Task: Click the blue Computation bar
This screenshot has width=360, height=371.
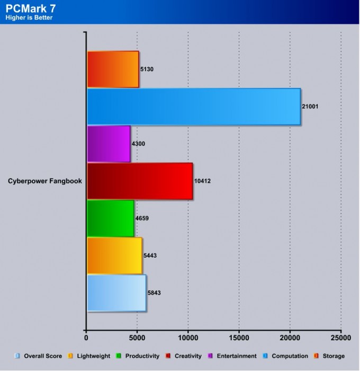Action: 193,107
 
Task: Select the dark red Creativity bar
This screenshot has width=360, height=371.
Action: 139,181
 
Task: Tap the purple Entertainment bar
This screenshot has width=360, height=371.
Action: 108,144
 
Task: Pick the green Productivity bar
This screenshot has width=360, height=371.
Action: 110,218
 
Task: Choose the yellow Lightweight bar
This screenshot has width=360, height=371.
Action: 114,255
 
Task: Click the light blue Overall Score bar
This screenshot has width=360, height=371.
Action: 116,293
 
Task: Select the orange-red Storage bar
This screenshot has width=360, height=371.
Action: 112,69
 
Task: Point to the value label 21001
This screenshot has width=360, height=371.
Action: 311,107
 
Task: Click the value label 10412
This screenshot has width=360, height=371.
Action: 203,181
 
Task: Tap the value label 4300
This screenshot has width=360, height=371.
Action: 139,144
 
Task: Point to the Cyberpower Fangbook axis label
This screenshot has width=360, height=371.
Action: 45,181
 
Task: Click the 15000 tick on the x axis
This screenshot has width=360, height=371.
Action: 239,337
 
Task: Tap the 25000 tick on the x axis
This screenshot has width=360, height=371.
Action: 341,337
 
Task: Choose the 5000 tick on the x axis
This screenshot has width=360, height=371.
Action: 137,337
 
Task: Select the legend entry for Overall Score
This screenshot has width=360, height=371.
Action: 39,356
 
